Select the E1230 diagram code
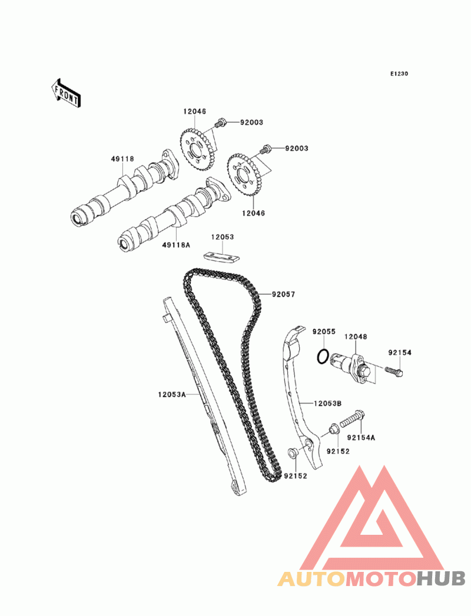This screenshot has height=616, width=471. tap(399, 74)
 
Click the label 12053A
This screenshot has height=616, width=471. tap(171, 395)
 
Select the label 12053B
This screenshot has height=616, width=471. tap(329, 404)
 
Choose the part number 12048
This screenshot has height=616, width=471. tap(356, 337)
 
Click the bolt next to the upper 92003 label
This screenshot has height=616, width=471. tap(220, 124)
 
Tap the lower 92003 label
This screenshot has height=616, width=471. tap(297, 149)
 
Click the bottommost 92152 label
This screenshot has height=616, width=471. tap(296, 475)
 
